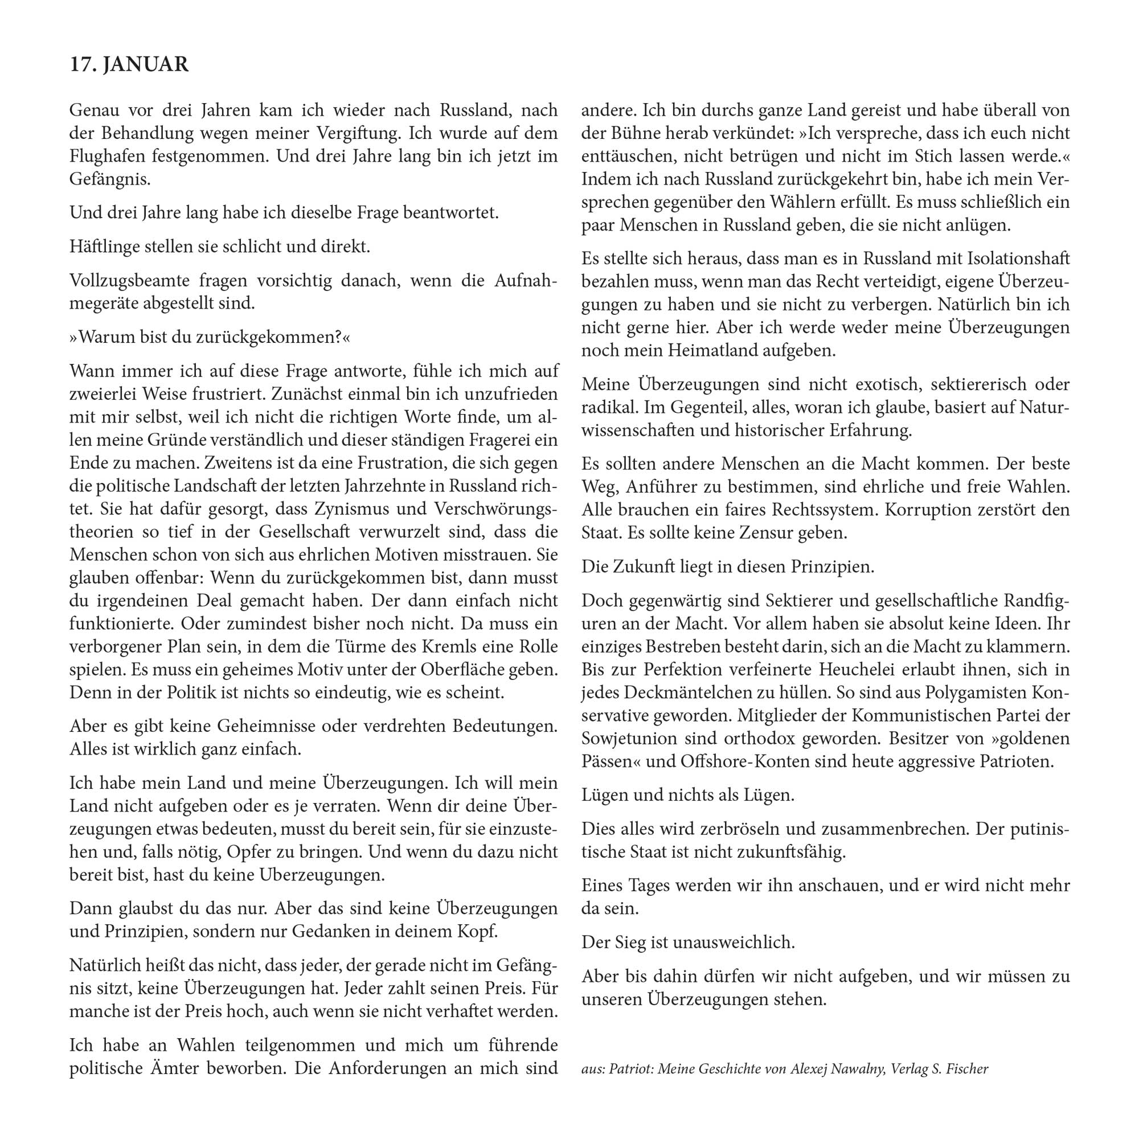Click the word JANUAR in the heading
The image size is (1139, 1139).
(x=146, y=64)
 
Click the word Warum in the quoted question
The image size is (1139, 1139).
(x=106, y=337)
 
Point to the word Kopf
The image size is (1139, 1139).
(x=478, y=932)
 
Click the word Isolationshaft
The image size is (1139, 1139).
(x=1019, y=258)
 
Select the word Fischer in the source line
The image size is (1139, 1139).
(x=968, y=1068)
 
